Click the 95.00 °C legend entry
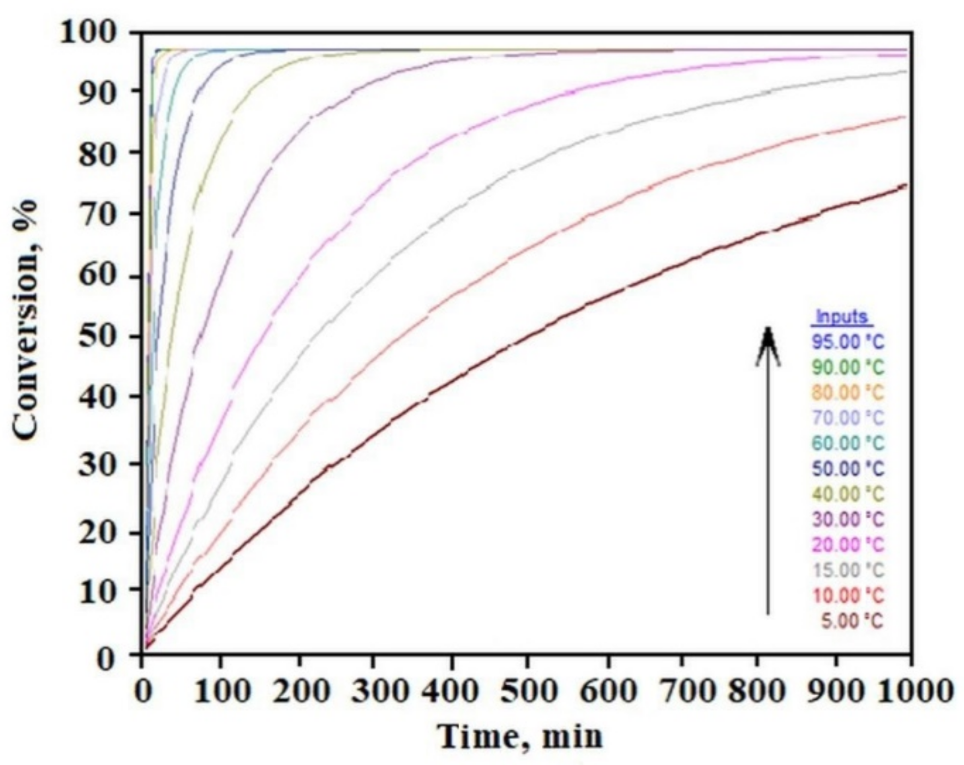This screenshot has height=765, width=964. tap(848, 342)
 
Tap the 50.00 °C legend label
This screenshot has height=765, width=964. tap(848, 469)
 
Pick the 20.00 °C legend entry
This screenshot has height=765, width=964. tap(848, 545)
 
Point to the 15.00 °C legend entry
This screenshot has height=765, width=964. tap(848, 570)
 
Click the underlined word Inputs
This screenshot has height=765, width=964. tap(841, 317)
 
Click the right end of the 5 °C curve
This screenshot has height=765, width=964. tap(906, 185)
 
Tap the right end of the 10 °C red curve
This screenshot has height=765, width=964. tap(906, 117)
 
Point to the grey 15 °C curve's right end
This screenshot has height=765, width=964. tap(906, 71)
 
